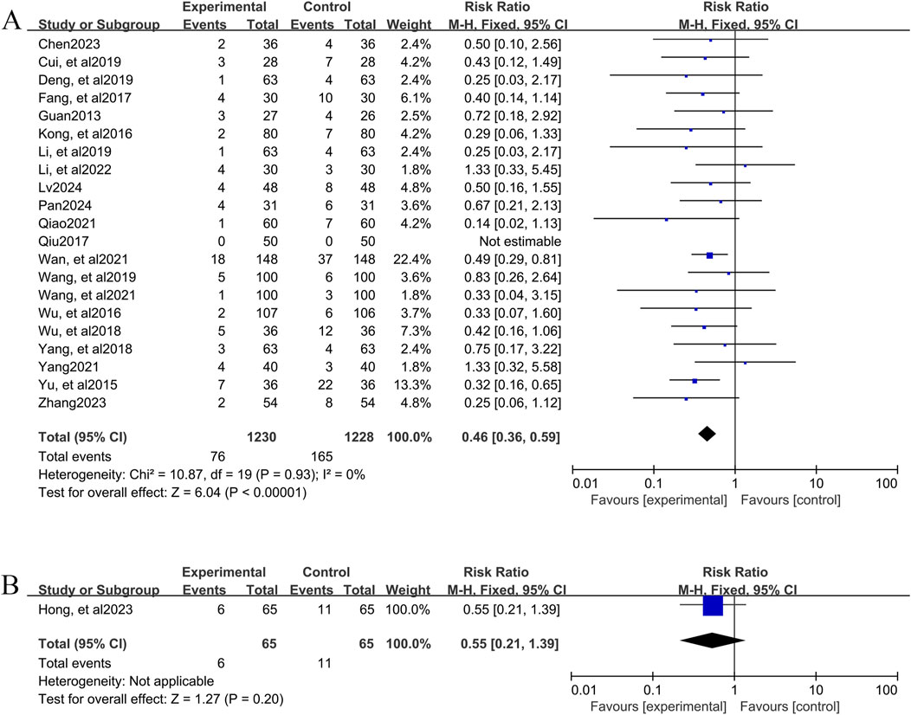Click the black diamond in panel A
click(x=707, y=433)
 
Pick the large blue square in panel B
click(x=712, y=606)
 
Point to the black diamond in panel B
click(x=712, y=640)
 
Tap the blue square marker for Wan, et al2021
click(x=710, y=254)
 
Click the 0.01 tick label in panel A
click(x=585, y=483)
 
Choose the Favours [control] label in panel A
click(x=789, y=499)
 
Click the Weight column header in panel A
click(x=408, y=24)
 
